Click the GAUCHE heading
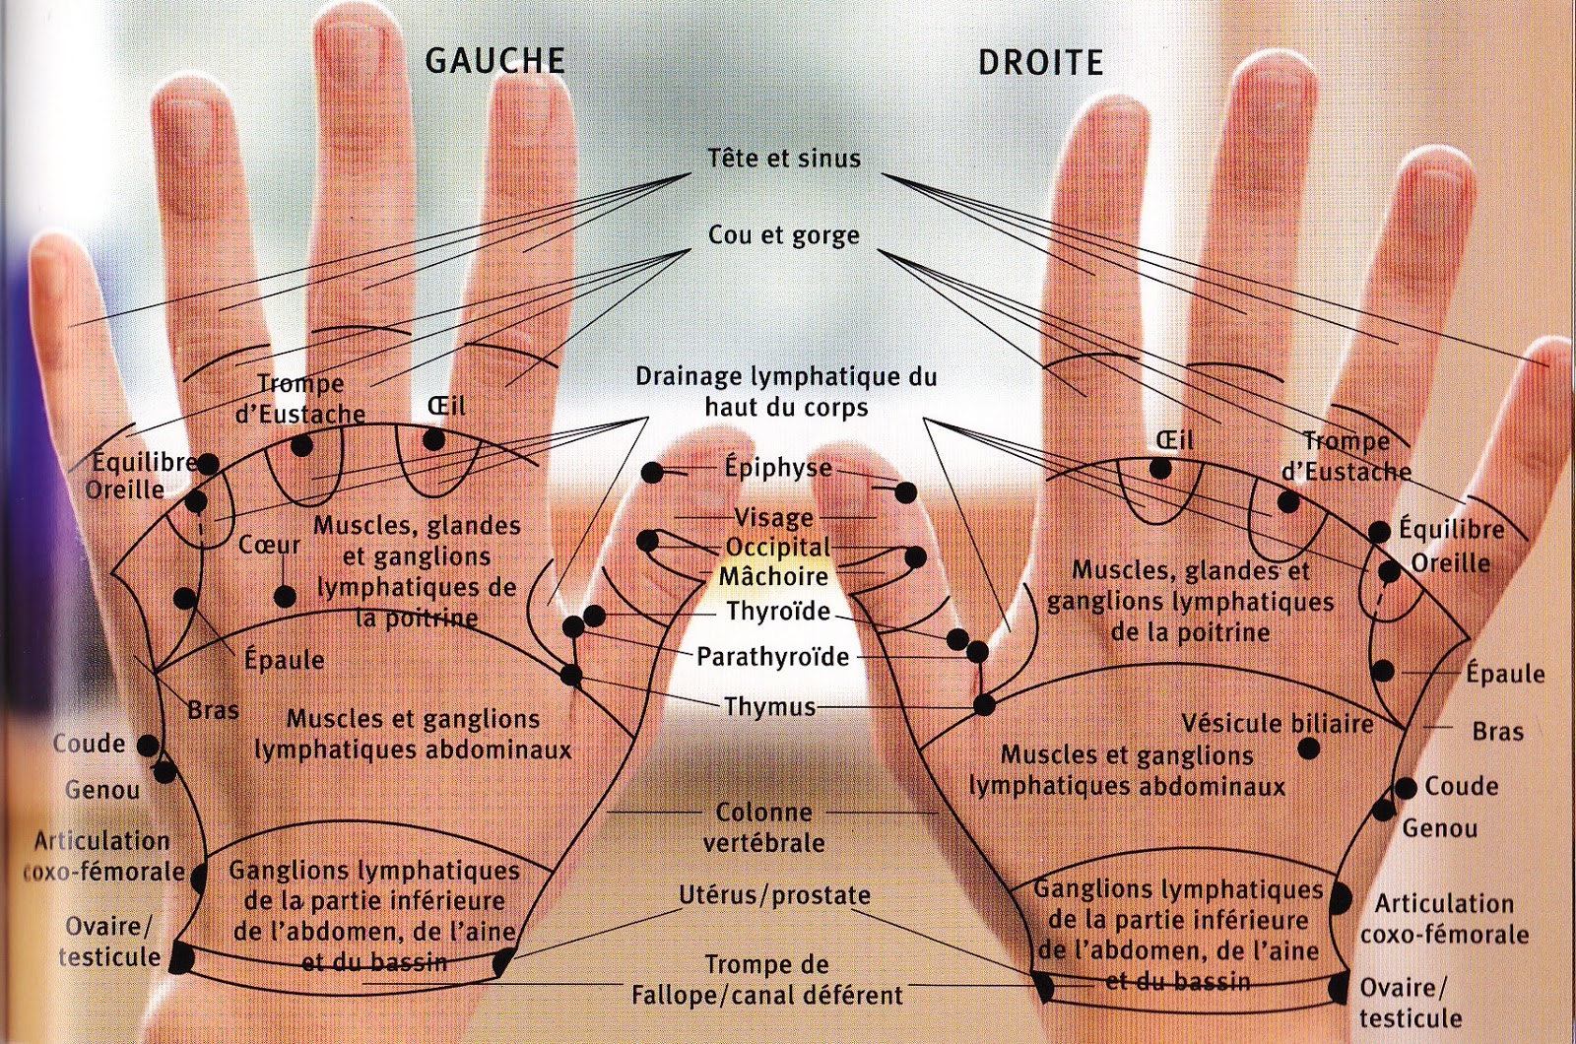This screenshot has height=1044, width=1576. pos(494,61)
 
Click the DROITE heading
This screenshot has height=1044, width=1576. pos(1040,63)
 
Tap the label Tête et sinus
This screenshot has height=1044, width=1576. pos(784,158)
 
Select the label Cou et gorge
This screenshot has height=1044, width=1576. pos(784,236)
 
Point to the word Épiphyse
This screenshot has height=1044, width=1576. pos(778,468)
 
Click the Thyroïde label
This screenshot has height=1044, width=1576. pos(778,612)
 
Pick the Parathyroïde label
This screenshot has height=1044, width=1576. pos(772,657)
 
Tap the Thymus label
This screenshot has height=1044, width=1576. pos(769,707)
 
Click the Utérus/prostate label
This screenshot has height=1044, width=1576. pos(774,895)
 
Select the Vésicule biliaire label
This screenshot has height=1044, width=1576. pos(1278,724)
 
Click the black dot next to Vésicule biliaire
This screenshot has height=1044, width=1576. pos(1308,749)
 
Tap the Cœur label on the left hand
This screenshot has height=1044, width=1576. pos(269,545)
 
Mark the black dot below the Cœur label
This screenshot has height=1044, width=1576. pos(285,596)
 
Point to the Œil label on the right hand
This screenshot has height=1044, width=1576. pos(1175,439)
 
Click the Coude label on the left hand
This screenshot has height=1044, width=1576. pos(89,744)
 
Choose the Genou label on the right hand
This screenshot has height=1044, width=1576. pos(1439,828)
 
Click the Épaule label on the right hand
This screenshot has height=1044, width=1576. pos(1505,674)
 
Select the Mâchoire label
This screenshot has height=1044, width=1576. pos(773,575)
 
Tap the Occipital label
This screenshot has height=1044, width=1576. pos(778,548)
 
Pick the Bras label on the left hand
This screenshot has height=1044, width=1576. pos(214,709)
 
